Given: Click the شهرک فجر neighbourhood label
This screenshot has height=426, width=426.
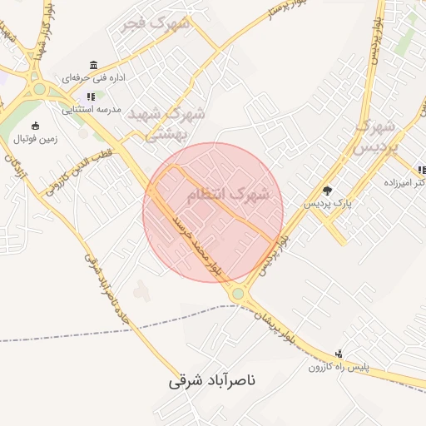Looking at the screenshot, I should pyautogui.click(x=156, y=24).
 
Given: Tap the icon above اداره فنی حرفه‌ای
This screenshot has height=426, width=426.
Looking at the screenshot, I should pyautogui.click(x=93, y=65).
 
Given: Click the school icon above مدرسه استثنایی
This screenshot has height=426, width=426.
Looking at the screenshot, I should pyautogui.click(x=91, y=97).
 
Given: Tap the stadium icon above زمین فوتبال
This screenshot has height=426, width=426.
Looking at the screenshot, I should pyautogui.click(x=34, y=126).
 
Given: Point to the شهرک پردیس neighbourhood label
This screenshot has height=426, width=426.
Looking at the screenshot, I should pyautogui.click(x=377, y=136).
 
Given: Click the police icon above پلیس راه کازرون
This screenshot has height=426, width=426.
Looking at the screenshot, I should pyautogui.click(x=338, y=353).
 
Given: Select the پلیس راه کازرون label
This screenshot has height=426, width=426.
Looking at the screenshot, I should pyautogui.click(x=338, y=366).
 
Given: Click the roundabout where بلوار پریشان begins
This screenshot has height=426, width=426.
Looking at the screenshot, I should pyautogui.click(x=239, y=293).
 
